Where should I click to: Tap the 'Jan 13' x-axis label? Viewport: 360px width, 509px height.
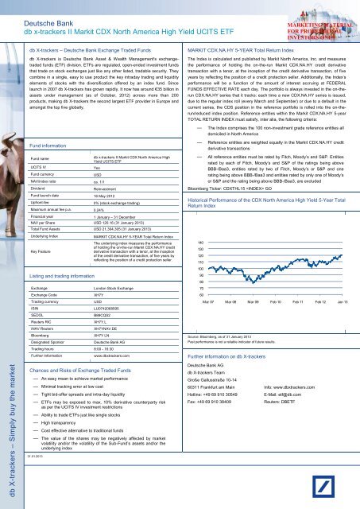[x=339, y=281]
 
